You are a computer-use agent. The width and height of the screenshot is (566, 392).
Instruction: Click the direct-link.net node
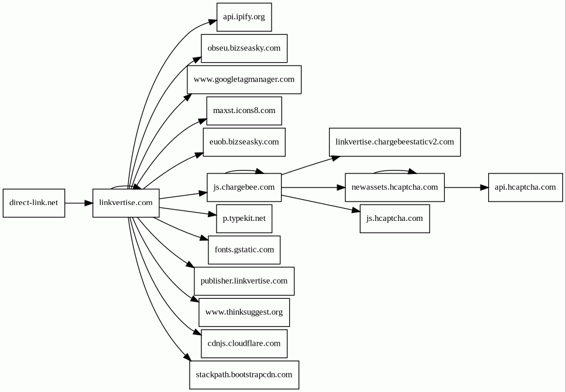[x=34, y=203]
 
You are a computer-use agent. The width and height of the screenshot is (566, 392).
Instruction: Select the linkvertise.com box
[x=126, y=203]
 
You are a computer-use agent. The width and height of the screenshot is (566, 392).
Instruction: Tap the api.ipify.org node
[x=244, y=18]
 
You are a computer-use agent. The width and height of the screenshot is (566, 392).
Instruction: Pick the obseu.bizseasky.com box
[x=244, y=49]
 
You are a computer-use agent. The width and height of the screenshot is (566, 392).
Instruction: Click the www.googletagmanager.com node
[x=244, y=80]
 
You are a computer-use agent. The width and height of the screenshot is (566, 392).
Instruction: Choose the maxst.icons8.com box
[x=244, y=111]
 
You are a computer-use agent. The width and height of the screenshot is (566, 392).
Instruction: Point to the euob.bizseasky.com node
[x=244, y=142]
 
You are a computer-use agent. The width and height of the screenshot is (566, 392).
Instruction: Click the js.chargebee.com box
[x=244, y=188]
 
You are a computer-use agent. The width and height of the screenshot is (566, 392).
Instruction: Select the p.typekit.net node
[x=244, y=219]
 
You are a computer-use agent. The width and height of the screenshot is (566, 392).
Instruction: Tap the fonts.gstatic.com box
[x=244, y=250]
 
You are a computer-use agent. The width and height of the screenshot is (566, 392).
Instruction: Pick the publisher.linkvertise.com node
[x=244, y=281]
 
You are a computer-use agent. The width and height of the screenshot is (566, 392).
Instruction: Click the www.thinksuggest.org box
[x=244, y=312]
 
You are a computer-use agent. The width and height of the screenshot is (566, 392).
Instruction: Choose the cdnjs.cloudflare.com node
[x=244, y=343]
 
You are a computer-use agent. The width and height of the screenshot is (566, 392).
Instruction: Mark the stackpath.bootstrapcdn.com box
[x=244, y=374]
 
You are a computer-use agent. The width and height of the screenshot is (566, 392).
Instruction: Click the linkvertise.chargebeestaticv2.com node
[x=395, y=142]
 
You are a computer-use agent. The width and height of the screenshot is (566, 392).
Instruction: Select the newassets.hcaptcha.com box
[x=395, y=188]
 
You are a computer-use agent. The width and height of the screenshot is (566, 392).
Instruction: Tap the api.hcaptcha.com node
[x=525, y=188]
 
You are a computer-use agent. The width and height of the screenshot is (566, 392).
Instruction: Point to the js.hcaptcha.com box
[x=395, y=219]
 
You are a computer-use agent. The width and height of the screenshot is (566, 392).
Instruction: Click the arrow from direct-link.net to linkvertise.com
[x=79, y=203]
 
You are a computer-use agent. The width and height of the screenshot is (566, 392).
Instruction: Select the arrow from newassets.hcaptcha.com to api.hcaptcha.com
[x=466, y=188]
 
